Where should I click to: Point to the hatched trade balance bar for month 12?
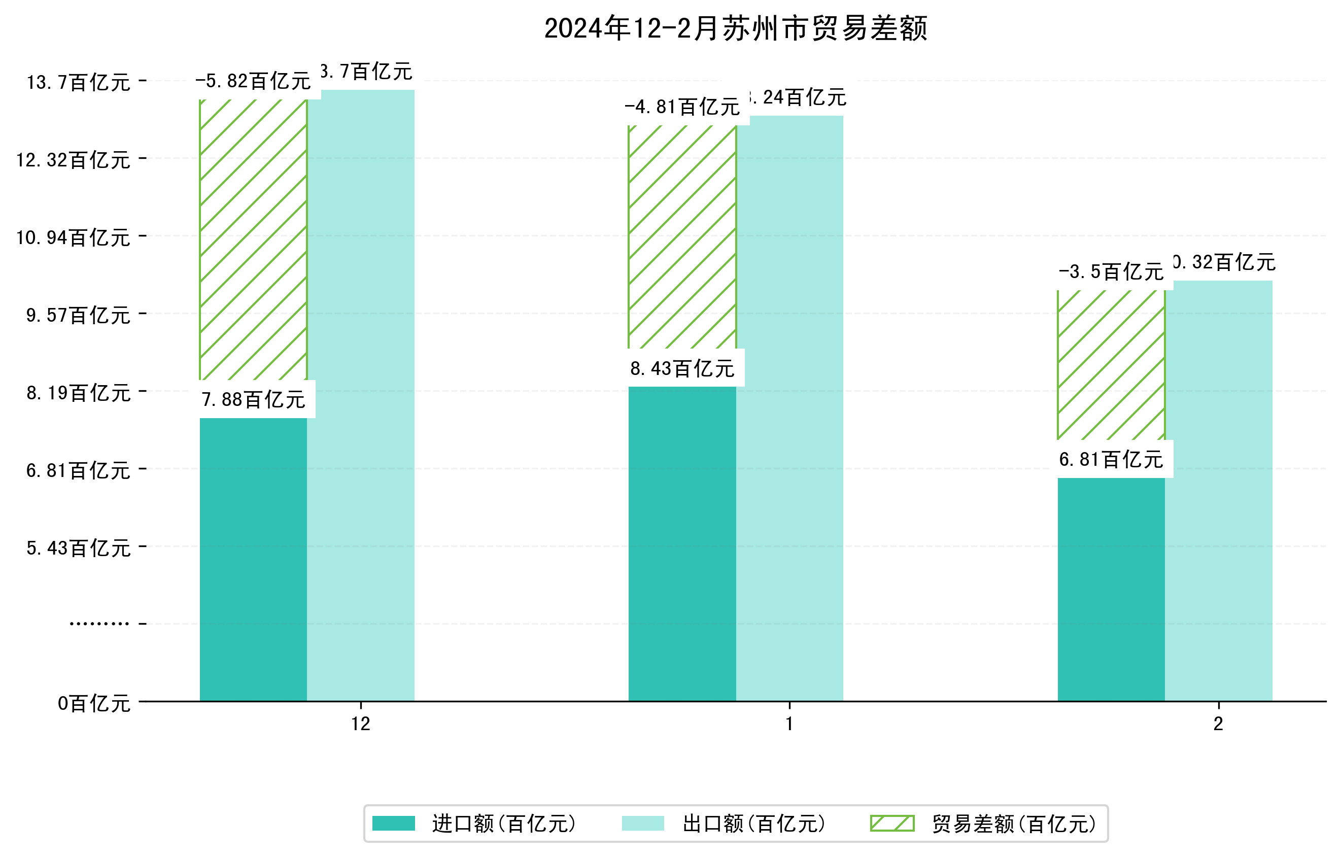pyautogui.click(x=253, y=239)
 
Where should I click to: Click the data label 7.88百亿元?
pyautogui.click(x=253, y=399)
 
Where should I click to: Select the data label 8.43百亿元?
pyautogui.click(x=682, y=368)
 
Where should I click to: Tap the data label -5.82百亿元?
pyautogui.click(x=253, y=81)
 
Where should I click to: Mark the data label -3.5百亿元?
pyautogui.click(x=1111, y=272)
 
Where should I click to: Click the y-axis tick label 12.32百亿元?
pyautogui.click(x=73, y=160)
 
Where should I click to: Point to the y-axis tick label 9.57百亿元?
pyautogui.click(x=78, y=315)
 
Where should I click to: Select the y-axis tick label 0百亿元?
pyautogui.click(x=93, y=703)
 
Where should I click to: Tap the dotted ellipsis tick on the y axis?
pyautogui.click(x=99, y=624)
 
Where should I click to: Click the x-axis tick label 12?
pyautogui.click(x=360, y=724)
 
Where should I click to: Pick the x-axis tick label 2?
pyautogui.click(x=1219, y=724)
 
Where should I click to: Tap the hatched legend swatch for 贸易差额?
pyautogui.click(x=891, y=824)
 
